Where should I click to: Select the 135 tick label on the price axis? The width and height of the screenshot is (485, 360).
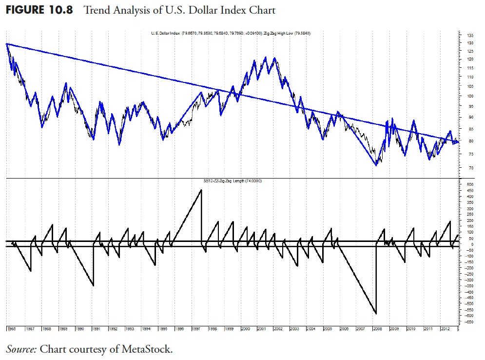click(470, 36)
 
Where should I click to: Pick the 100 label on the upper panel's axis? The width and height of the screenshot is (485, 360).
click(470, 96)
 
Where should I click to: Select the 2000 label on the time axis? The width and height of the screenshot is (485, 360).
click(245, 329)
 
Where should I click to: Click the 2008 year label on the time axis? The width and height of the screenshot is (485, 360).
click(377, 329)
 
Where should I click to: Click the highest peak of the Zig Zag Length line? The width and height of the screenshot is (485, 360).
click(201, 190)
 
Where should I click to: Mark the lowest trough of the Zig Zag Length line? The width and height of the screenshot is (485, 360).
click(376, 314)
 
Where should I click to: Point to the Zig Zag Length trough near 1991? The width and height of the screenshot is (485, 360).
click(94, 285)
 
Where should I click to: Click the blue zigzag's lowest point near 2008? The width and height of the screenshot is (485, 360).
click(376, 166)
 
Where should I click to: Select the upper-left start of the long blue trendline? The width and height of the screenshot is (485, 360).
click(7, 44)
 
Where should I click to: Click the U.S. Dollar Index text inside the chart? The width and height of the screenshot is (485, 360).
click(166, 33)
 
